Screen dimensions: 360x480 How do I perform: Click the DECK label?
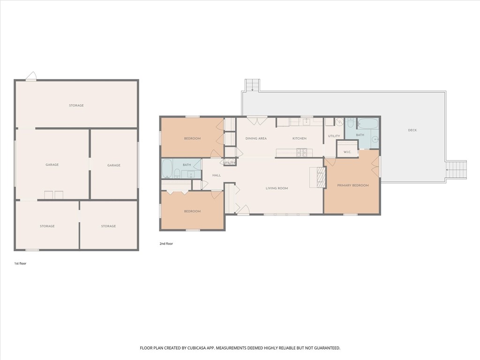pyautogui.click(x=412, y=130)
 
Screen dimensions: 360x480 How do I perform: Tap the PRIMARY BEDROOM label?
pyautogui.click(x=353, y=185)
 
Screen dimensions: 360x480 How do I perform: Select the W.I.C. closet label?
pyautogui.click(x=347, y=152)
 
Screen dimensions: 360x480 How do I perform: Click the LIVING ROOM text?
pyautogui.click(x=277, y=188)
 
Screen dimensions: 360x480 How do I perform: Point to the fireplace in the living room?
pyautogui.click(x=321, y=177)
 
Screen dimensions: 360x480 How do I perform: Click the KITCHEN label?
pyautogui.click(x=300, y=138)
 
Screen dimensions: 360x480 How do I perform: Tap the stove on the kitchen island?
pyautogui.click(x=302, y=152)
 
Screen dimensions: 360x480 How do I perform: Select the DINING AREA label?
pyautogui.click(x=256, y=138)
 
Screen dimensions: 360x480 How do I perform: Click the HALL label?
pyautogui.click(x=216, y=175)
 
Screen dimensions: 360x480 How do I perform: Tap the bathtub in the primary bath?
pyautogui.click(x=367, y=124)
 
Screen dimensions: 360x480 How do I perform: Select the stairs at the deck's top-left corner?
pyautogui.click(x=252, y=85)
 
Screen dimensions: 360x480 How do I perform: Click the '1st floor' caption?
pyautogui.click(x=20, y=263)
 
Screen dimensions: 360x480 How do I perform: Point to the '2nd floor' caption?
pyautogui.click(x=166, y=244)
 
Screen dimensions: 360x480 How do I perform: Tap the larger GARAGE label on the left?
pyautogui.click(x=52, y=165)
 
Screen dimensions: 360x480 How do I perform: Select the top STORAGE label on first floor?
pyautogui.click(x=76, y=105)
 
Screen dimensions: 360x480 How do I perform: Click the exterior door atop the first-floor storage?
pyautogui.click(x=31, y=77)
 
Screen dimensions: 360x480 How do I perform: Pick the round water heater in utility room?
pyautogui.click(x=339, y=122)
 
